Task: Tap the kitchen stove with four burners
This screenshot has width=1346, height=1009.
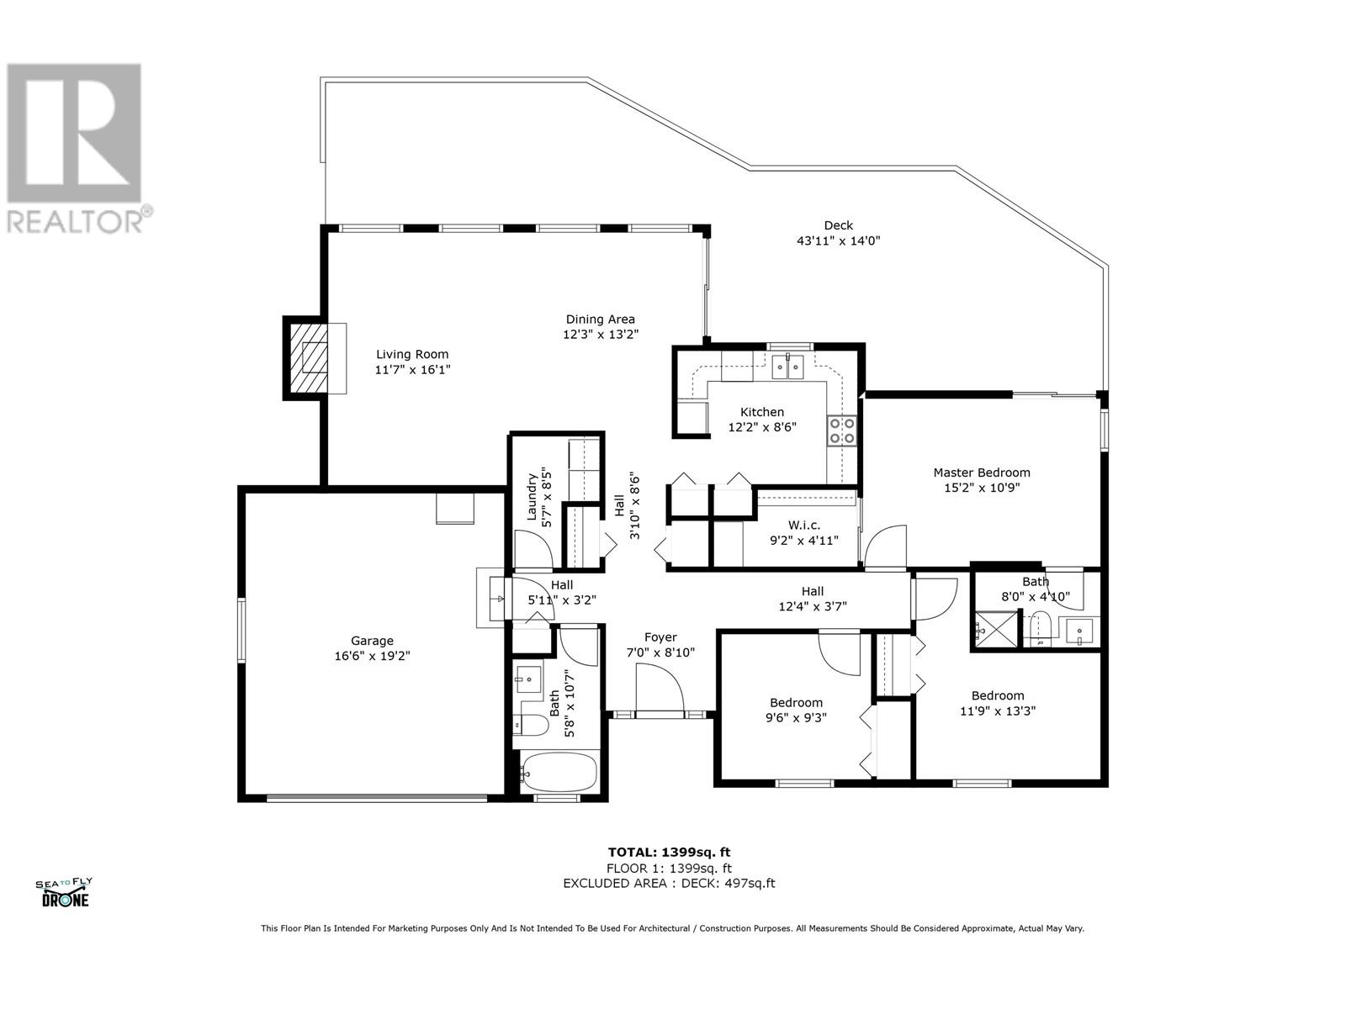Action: [x=842, y=431]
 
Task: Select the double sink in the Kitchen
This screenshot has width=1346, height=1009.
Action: [x=788, y=367]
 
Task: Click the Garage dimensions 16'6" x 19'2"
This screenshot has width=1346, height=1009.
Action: [x=372, y=656]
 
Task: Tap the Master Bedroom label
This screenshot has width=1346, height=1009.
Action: [x=981, y=473]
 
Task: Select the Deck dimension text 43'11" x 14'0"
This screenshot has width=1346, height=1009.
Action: [x=838, y=240]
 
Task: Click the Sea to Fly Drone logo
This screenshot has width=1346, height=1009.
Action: [x=64, y=892]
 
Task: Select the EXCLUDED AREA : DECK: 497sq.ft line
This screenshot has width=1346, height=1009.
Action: [x=669, y=883]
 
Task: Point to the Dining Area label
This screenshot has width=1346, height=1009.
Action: [x=599, y=320]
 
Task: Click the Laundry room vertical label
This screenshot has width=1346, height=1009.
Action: [x=533, y=497]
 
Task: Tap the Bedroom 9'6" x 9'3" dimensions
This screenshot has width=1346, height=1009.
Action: [x=796, y=718]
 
